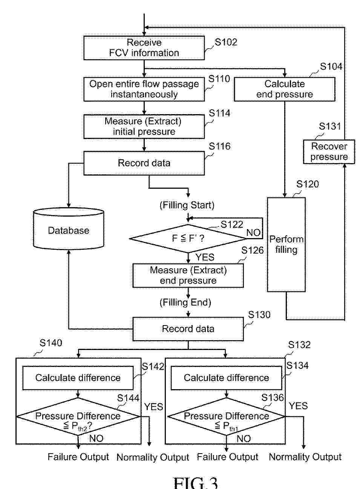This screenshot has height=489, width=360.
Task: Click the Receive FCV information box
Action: (x=144, y=48)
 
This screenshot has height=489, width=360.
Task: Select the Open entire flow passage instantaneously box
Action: (x=144, y=89)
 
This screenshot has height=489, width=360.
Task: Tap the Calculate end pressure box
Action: (x=284, y=89)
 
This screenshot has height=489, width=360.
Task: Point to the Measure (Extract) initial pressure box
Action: (x=144, y=127)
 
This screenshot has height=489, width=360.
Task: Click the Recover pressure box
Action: (x=329, y=151)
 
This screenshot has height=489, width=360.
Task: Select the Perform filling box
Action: (x=286, y=244)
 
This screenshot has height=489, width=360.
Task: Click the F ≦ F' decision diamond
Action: (x=188, y=238)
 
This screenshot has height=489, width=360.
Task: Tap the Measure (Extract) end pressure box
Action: (x=188, y=275)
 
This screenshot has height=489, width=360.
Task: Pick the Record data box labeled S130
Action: (x=188, y=329)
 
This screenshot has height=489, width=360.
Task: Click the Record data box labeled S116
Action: (x=144, y=163)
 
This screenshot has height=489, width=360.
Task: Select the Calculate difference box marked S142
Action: (x=78, y=378)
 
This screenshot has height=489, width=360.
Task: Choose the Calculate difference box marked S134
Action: (x=226, y=378)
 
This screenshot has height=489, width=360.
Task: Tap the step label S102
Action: (x=226, y=42)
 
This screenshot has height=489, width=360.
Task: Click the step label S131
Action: (x=329, y=127)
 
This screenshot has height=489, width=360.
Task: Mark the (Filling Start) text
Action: (x=187, y=205)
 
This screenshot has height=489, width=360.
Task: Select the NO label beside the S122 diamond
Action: (x=253, y=233)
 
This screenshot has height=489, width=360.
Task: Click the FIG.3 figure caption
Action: (x=195, y=482)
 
